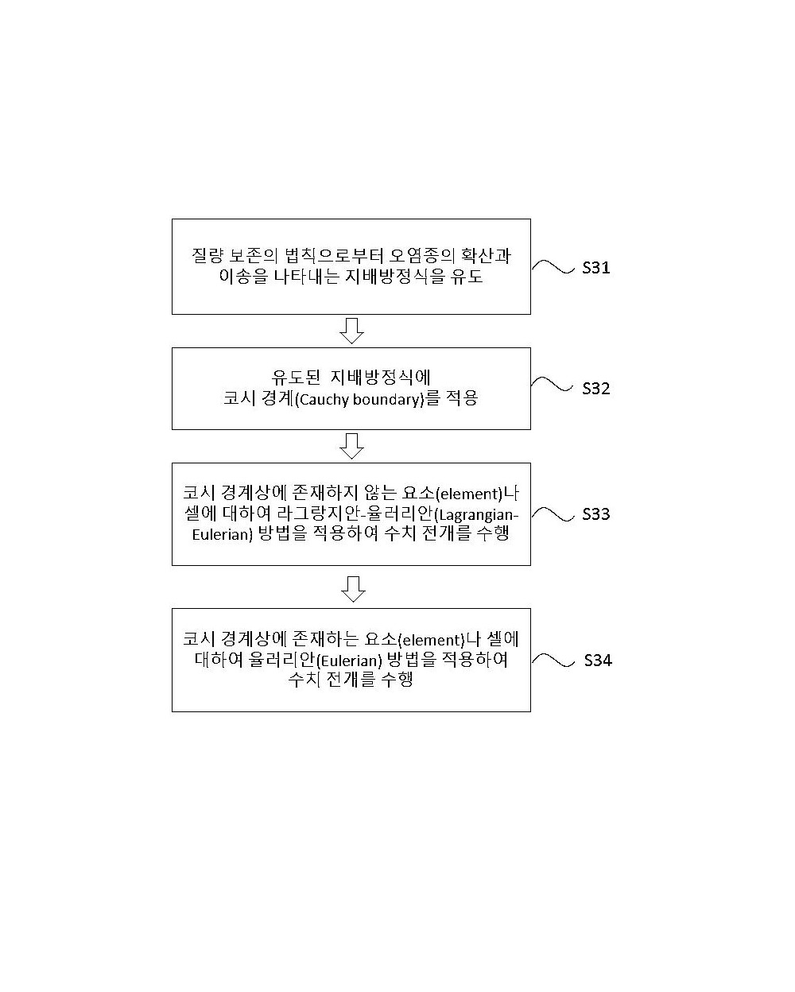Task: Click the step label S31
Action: pyautogui.click(x=595, y=268)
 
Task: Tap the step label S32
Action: pyautogui.click(x=595, y=389)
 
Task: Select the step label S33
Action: pyautogui.click(x=595, y=514)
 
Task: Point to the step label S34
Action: pyautogui.click(x=598, y=661)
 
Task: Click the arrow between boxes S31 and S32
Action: pyautogui.click(x=351, y=331)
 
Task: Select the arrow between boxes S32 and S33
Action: pyautogui.click(x=351, y=446)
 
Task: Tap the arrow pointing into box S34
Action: pyautogui.click(x=353, y=589)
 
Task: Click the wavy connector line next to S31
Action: pyautogui.click(x=553, y=267)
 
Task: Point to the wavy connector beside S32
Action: pyautogui.click(x=552, y=384)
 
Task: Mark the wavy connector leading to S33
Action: pyautogui.click(x=553, y=514)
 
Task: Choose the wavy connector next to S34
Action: pyautogui.click(x=553, y=660)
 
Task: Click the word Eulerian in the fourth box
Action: pyautogui.click(x=349, y=661)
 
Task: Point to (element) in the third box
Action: pyautogui.click(x=468, y=494)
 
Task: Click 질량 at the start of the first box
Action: pyautogui.click(x=207, y=256)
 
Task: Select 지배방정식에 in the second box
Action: pyautogui.click(x=381, y=378)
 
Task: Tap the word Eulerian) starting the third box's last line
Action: pyautogui.click(x=223, y=535)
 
